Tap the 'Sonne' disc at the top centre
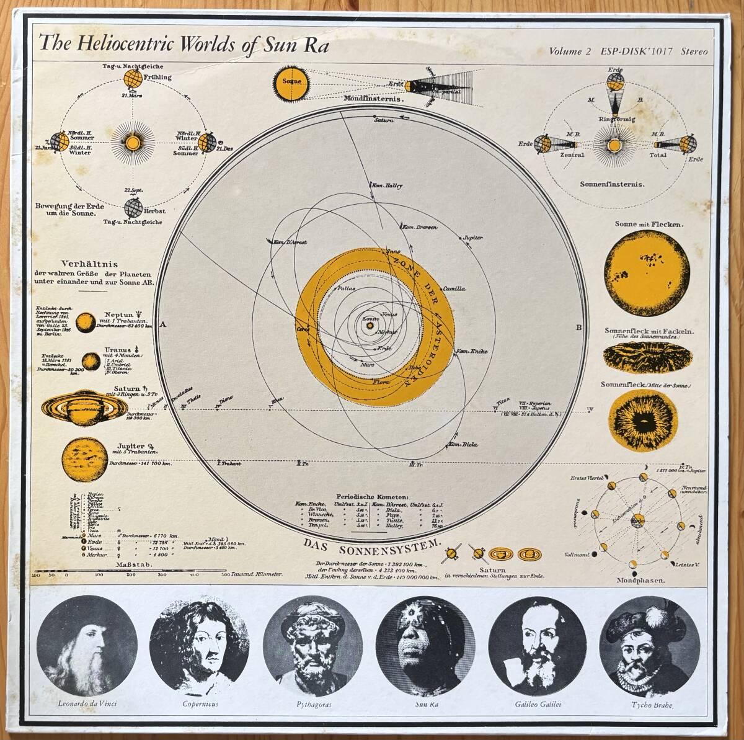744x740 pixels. click(x=291, y=83)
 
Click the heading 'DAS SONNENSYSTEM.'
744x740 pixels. click(x=372, y=546)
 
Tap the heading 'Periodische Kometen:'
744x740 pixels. click(x=372, y=497)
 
